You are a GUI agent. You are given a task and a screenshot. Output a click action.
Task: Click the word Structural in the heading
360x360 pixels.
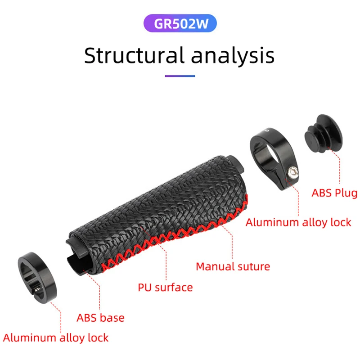tap(134, 55)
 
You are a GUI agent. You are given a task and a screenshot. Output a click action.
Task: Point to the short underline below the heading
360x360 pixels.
tap(180, 76)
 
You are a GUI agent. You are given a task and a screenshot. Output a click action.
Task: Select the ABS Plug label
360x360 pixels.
tap(334, 193)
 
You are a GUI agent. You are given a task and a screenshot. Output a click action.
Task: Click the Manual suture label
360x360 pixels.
tap(233, 266)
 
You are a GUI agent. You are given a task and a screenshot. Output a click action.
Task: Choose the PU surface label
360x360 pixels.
tap(165, 287)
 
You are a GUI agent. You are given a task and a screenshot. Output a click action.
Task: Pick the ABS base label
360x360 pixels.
tap(100, 318)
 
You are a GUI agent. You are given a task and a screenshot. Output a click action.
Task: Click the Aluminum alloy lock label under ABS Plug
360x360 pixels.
tap(298, 222)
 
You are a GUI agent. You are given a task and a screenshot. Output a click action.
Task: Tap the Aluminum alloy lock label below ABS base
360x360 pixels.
tap(56, 337)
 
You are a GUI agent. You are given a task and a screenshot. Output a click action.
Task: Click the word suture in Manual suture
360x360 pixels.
tap(252, 266)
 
